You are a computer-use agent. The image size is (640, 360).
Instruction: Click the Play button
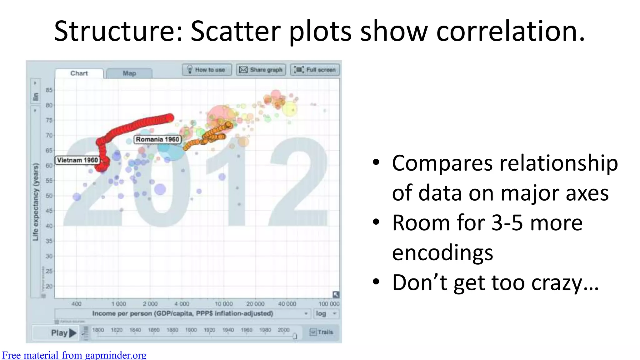click(63, 333)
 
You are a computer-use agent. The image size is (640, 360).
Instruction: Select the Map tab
click(129, 73)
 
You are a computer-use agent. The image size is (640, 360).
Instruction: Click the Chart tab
click(79, 73)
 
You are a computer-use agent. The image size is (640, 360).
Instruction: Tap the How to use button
click(207, 70)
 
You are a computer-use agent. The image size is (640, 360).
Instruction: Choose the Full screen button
click(315, 70)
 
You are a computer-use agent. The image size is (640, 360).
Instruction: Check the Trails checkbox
click(313, 332)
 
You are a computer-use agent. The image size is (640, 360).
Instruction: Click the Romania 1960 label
click(157, 139)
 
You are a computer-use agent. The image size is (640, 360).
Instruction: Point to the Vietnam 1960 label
click(77, 160)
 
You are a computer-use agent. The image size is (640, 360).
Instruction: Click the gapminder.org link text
click(74, 355)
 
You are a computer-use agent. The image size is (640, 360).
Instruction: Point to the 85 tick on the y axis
click(49, 90)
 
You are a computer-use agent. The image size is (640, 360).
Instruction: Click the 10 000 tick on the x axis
click(224, 304)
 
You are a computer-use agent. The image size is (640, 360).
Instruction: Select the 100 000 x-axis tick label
click(329, 304)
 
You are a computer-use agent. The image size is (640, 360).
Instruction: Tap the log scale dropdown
click(326, 313)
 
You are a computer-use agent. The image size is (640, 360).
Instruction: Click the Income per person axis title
click(182, 313)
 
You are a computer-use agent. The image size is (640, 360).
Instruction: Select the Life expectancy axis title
click(36, 202)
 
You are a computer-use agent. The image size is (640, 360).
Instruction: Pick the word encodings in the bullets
click(442, 252)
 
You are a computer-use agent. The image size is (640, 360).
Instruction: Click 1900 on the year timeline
click(191, 330)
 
